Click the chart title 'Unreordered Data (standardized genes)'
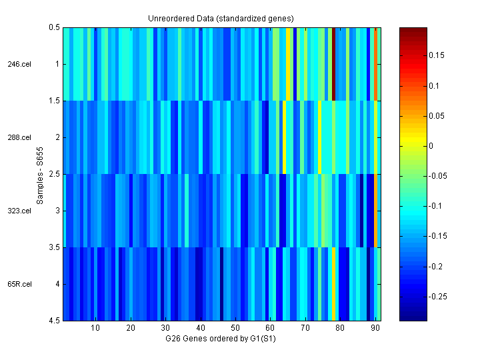[221, 18]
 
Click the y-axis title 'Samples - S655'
[40, 174]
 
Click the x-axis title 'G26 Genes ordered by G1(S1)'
[221, 339]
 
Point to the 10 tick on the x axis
[95, 328]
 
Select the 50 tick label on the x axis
[235, 328]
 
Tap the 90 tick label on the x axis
[375, 328]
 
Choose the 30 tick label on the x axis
[165, 328]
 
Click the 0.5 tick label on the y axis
[54, 28]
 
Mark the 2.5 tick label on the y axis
[54, 174]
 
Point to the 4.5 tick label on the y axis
[54, 321]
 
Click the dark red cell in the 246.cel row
[333, 64]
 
